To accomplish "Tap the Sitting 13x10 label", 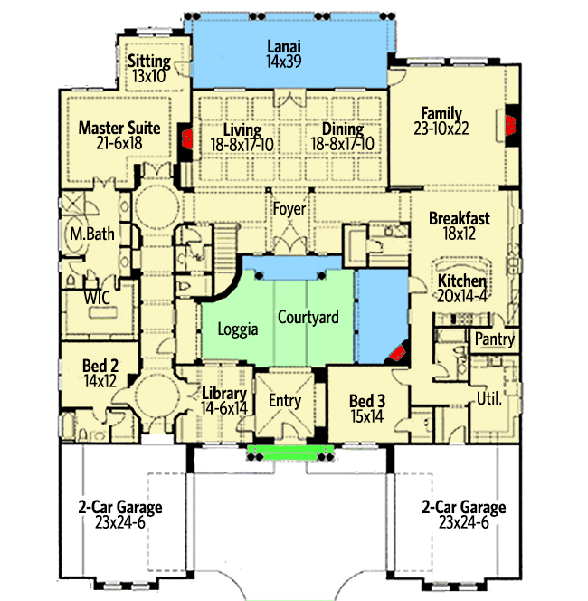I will pos(149,62).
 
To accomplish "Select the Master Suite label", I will pos(119,129).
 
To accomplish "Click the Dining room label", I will pos(337,129).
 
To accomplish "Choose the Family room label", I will pos(441,114).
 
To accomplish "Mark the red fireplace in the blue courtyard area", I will pos(397,354).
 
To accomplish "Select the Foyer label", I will pos(290,209).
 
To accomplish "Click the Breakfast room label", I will pos(459,218).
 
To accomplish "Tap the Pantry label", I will pos(495,340).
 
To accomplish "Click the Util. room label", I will pos(488,397).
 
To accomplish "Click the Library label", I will pos(224,394).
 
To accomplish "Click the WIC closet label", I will pos(98,297).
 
